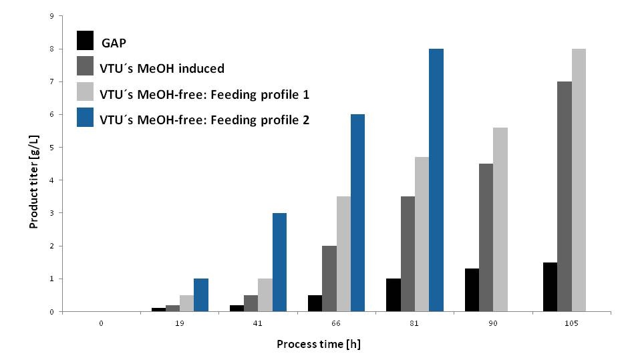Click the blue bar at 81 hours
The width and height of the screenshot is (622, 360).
coord(436,180)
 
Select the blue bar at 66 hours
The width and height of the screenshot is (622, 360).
coord(357,213)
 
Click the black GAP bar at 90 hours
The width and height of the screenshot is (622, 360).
coord(472,290)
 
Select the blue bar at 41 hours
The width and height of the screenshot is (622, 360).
coord(279,262)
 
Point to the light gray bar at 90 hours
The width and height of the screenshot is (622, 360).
coord(500,220)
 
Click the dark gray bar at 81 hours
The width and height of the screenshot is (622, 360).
coord(408,254)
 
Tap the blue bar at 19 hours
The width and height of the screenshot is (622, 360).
coord(200,295)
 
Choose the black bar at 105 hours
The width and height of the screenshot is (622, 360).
coord(550,287)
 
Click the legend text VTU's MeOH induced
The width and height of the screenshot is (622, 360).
coord(162,67)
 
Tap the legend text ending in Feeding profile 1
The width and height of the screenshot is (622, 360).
coord(204,94)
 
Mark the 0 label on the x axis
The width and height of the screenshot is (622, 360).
coord(101,323)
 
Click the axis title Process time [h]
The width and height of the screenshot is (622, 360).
coord(319,345)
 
